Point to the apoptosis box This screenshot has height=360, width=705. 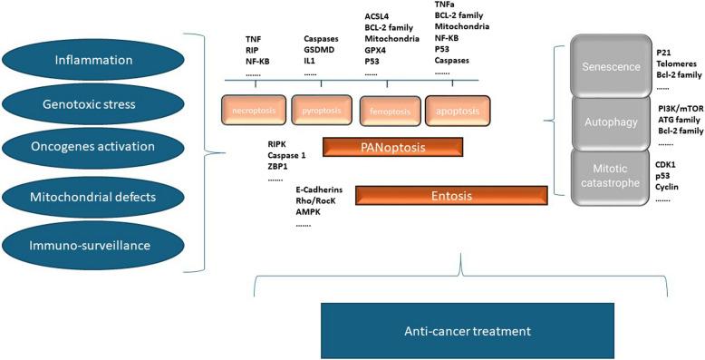(457, 111)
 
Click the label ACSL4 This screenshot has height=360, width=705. (379, 15)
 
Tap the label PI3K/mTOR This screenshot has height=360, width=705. (681, 108)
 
